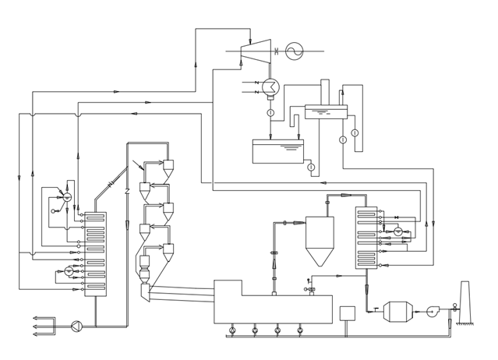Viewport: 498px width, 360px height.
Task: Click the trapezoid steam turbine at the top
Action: [x=256, y=51]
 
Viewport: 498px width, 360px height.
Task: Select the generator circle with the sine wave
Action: [x=294, y=51]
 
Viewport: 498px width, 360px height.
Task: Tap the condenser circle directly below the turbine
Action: [x=270, y=86]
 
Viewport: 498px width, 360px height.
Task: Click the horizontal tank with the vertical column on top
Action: [x=326, y=111]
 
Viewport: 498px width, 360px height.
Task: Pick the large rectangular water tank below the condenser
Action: [x=277, y=151]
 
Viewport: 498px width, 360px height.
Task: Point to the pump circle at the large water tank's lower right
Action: [x=311, y=167]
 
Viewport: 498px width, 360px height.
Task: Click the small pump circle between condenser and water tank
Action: [x=270, y=113]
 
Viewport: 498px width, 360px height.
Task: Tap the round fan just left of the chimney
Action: [x=433, y=312]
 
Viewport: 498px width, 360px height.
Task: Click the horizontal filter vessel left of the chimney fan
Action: [x=397, y=311]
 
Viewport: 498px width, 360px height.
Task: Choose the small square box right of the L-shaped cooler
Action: [x=347, y=313]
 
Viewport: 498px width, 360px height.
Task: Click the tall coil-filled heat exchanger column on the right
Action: [x=366, y=238]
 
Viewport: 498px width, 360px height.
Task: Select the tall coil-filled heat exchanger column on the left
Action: [x=95, y=254]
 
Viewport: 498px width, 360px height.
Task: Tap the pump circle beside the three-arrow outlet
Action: [x=76, y=326]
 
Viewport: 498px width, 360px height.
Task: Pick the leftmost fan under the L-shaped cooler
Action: [x=232, y=330]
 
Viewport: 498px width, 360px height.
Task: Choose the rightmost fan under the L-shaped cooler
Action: [x=300, y=330]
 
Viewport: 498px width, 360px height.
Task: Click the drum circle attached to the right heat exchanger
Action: [x=397, y=231]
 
